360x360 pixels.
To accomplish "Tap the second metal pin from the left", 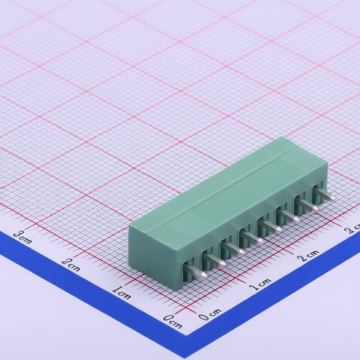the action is (x=214, y=260).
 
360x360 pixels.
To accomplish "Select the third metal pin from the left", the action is (x=233, y=249).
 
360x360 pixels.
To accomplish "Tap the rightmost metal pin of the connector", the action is (x=325, y=195).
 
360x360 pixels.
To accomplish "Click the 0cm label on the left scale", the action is (x=173, y=321).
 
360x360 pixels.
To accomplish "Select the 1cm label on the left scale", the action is (x=122, y=292).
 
